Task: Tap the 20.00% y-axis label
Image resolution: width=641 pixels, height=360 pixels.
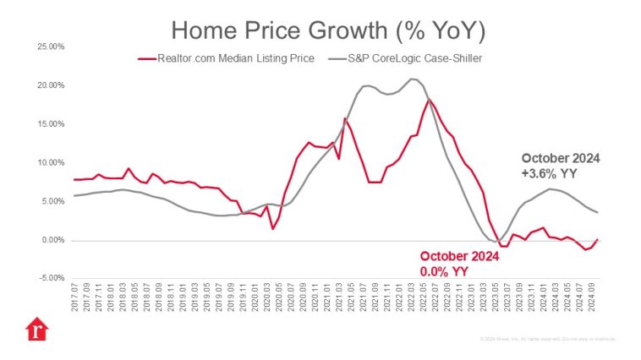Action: (x=52, y=85)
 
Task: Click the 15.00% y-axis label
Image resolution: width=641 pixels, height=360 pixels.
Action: (x=52, y=124)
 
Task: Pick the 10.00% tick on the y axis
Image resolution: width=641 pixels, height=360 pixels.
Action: (x=52, y=162)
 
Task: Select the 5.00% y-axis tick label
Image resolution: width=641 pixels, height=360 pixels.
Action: (x=53, y=201)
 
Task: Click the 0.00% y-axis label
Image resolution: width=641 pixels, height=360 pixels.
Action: (x=53, y=240)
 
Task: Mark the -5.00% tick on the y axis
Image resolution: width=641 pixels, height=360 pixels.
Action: (x=52, y=278)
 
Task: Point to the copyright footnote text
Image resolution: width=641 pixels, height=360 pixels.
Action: (x=546, y=339)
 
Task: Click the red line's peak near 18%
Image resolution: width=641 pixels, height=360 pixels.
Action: (x=430, y=100)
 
